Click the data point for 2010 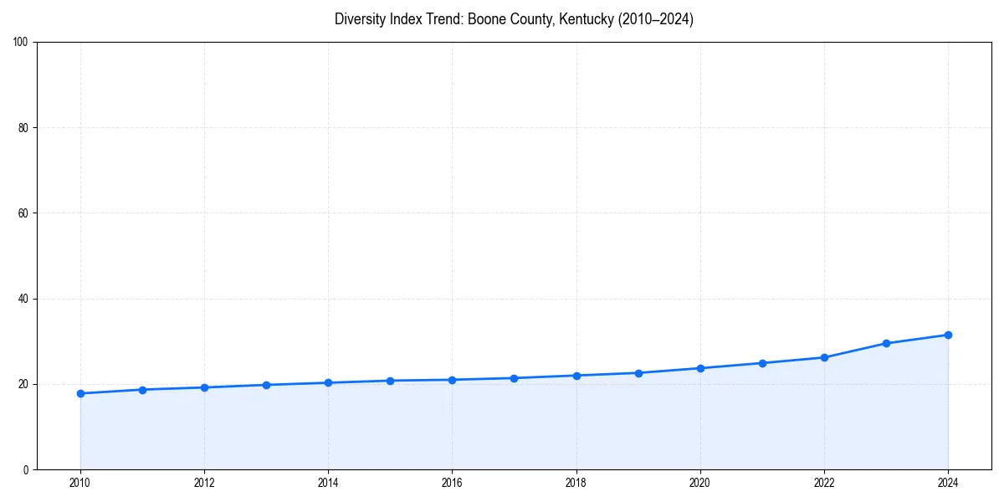[80, 393]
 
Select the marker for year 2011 [142, 390]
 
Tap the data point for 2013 [266, 385]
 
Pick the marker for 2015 [390, 381]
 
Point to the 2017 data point [514, 378]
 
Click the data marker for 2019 [638, 373]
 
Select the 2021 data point [762, 363]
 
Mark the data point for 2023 [886, 343]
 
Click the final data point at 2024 [948, 335]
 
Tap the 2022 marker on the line [824, 357]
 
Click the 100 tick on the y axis [22, 43]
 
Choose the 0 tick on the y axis [27, 469]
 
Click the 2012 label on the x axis [204, 483]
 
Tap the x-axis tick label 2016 [452, 483]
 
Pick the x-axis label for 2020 [700, 483]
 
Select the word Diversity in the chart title [361, 19]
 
